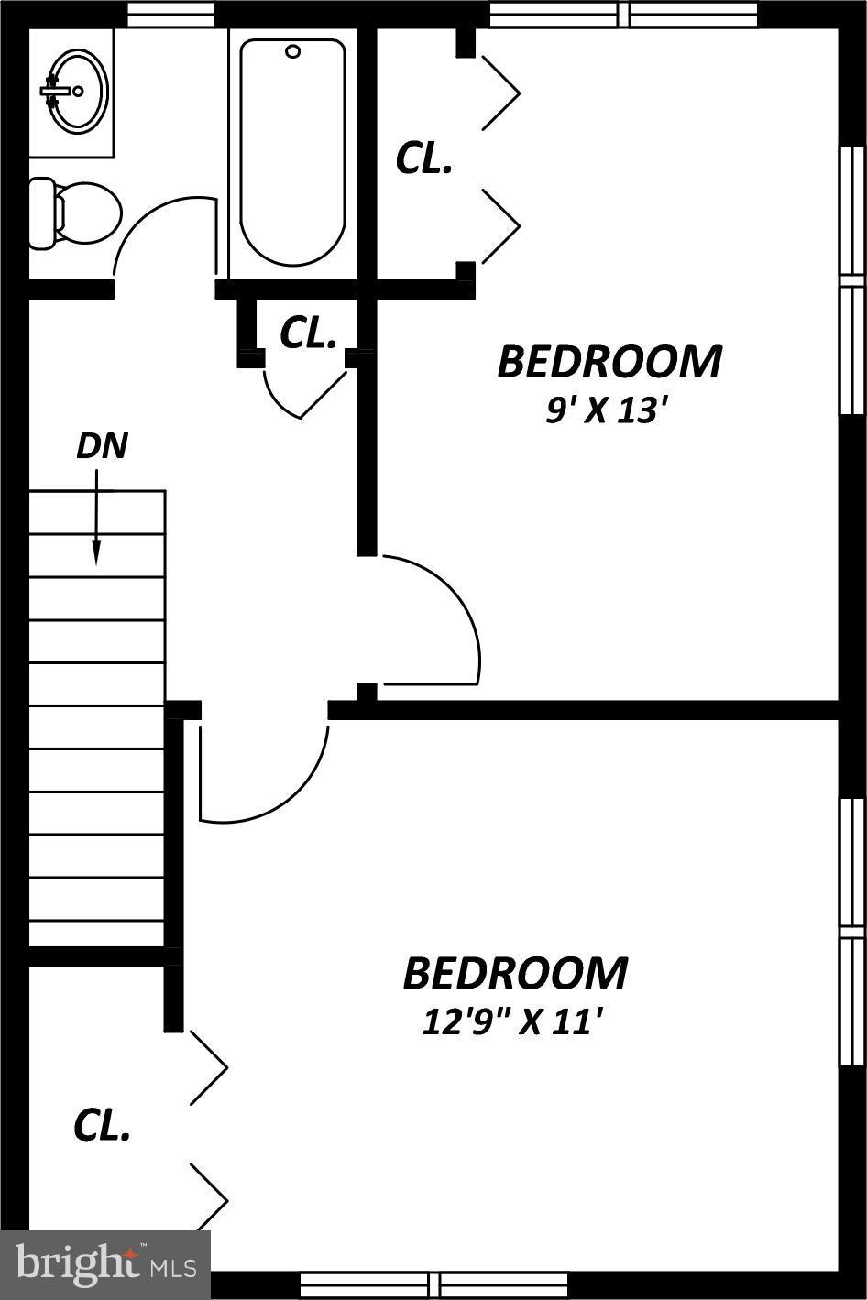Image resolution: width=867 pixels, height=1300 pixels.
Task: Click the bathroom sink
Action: (x=77, y=91)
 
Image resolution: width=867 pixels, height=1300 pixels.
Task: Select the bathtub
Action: (x=292, y=151)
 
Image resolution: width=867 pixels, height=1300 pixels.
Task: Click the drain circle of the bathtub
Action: (x=293, y=51)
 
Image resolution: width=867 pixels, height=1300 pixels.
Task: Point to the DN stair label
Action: (x=101, y=446)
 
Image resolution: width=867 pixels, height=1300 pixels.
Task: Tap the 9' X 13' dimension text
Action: (x=602, y=410)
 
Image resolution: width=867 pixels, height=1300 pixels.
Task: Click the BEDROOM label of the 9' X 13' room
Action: (x=609, y=362)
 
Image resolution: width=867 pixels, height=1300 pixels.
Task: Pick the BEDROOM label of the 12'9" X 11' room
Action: (x=515, y=973)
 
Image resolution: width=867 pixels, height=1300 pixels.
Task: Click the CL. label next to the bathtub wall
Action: (x=423, y=158)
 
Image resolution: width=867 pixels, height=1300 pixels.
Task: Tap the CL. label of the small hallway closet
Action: (x=307, y=333)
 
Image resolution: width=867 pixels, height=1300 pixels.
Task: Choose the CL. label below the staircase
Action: (x=102, y=1126)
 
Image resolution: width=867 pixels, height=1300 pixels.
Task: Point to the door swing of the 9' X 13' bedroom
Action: (x=449, y=605)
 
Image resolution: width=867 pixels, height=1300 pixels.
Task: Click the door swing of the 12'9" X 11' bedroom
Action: (x=275, y=788)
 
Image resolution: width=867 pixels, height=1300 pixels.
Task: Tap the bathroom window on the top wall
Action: (x=170, y=14)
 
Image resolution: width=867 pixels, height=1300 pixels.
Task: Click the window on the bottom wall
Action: (x=434, y=1284)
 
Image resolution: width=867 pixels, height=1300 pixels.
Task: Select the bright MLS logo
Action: (x=105, y=1264)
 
